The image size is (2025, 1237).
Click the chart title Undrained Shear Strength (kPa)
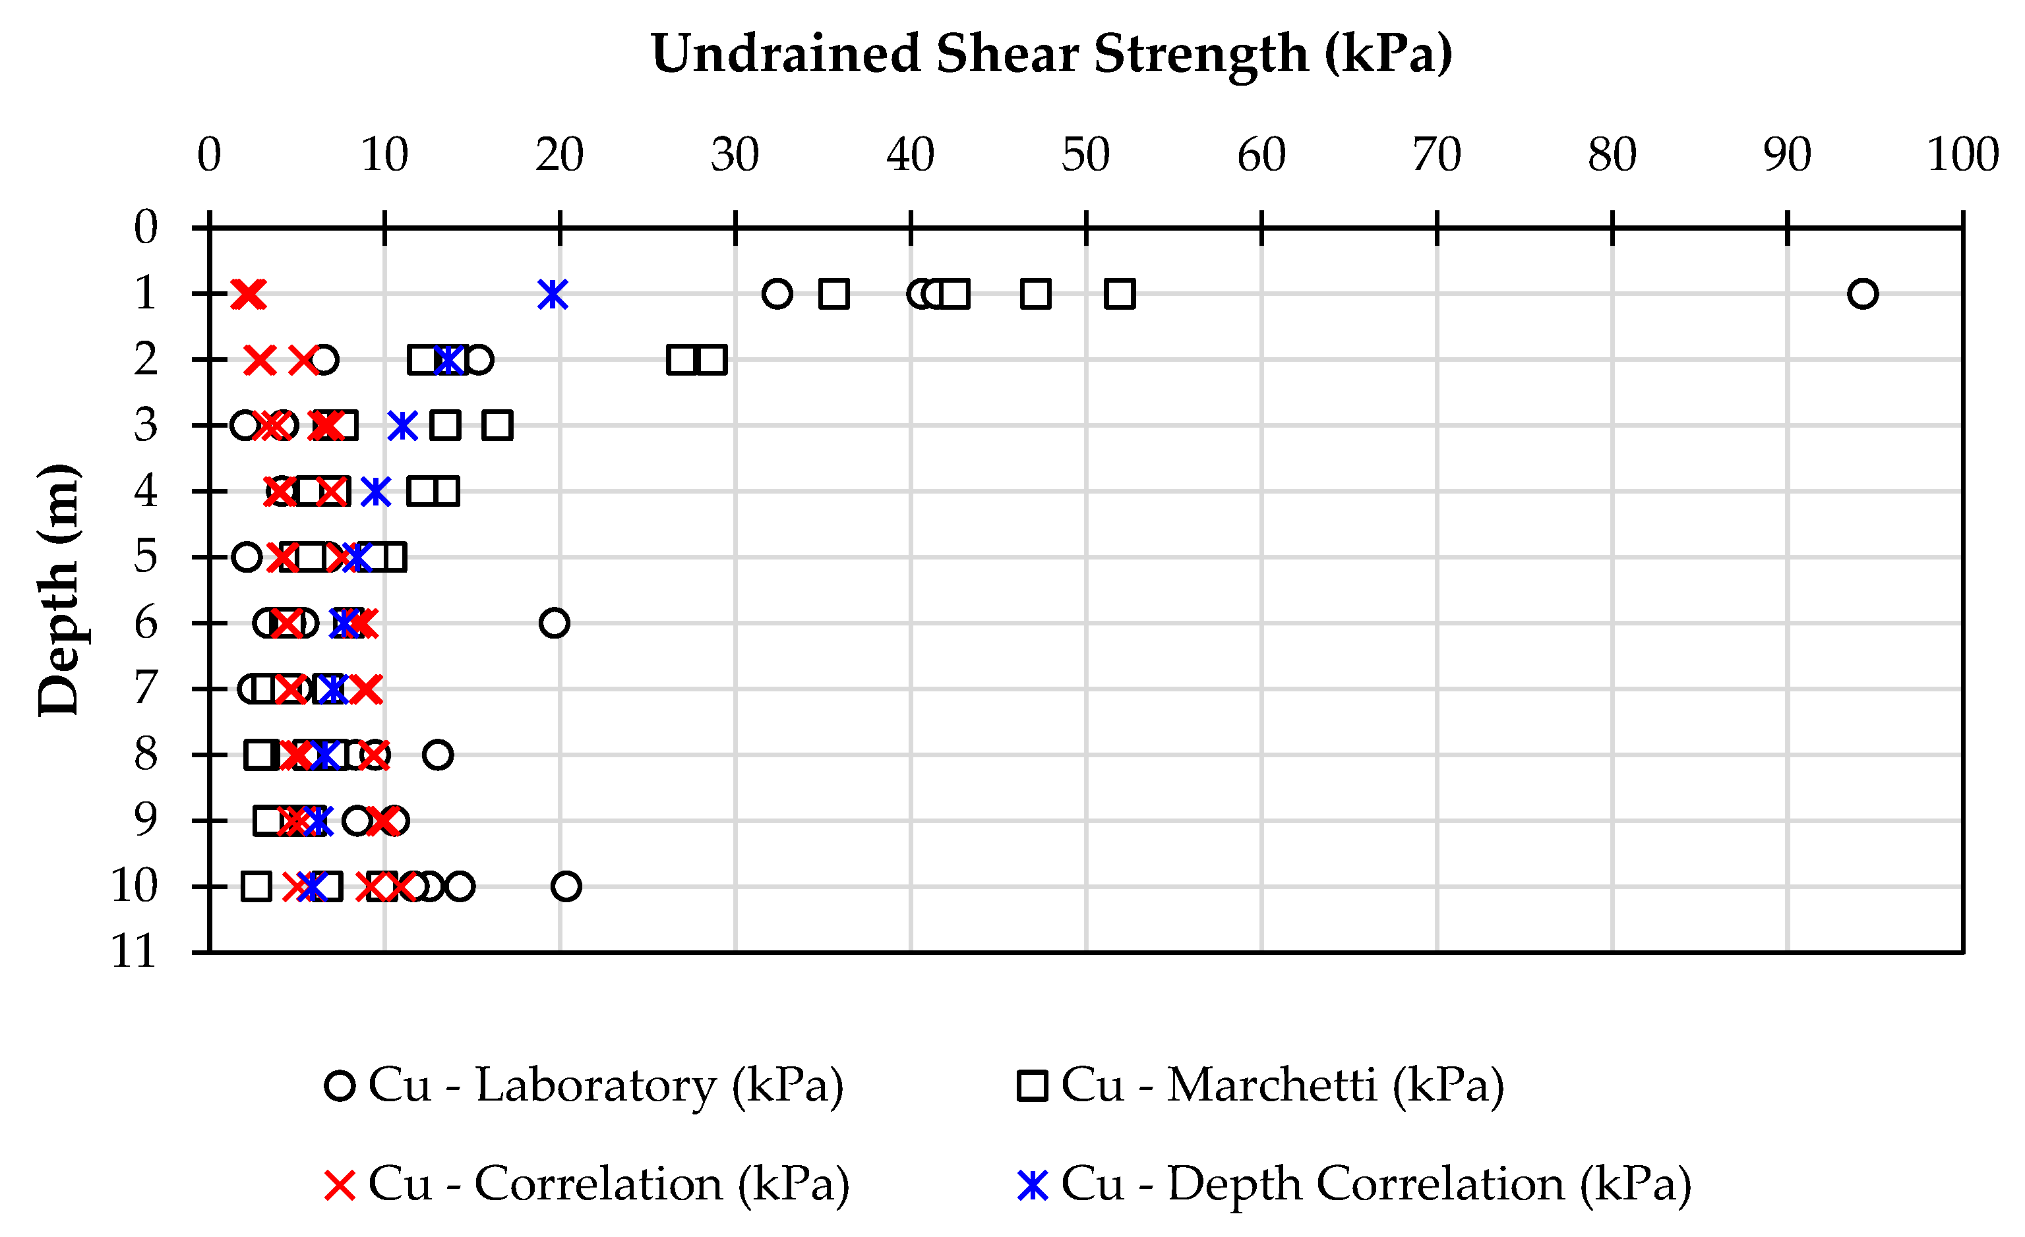click(x=1051, y=54)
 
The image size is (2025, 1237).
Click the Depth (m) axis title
click(x=59, y=590)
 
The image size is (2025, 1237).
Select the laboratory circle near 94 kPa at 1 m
click(x=1862, y=293)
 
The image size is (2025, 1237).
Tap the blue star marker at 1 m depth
click(x=553, y=293)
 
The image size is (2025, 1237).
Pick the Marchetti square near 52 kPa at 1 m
click(x=1120, y=293)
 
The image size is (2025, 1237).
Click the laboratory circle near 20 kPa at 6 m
click(x=555, y=623)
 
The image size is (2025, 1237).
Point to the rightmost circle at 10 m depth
click(x=566, y=886)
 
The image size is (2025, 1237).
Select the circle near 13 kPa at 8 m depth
click(x=438, y=754)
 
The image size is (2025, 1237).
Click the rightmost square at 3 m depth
click(x=498, y=426)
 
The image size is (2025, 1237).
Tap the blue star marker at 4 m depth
click(x=376, y=491)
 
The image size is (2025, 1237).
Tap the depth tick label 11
click(x=134, y=952)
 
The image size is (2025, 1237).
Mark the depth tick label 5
click(x=146, y=557)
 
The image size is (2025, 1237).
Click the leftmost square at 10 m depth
click(x=257, y=886)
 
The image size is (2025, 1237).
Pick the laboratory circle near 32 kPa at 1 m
click(x=777, y=293)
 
